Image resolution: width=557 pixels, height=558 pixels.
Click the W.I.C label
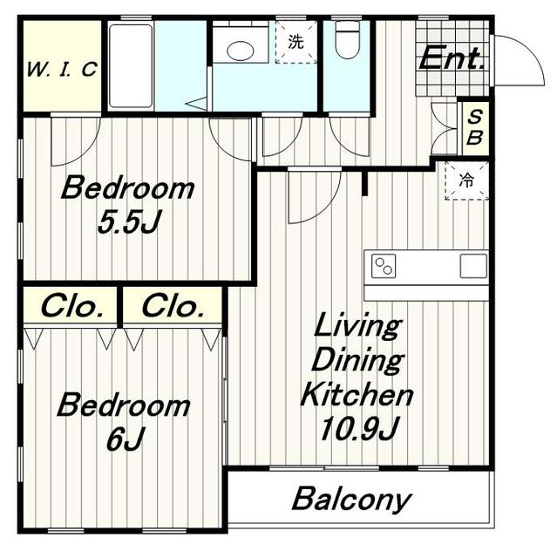[62, 70]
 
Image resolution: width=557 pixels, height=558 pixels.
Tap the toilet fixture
[348, 39]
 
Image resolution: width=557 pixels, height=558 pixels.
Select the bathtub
[131, 66]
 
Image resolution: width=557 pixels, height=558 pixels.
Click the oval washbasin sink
[241, 51]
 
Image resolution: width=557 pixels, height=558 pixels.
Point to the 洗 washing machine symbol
[295, 42]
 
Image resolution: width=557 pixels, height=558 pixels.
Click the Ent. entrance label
[452, 58]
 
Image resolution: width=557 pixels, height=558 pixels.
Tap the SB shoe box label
[475, 127]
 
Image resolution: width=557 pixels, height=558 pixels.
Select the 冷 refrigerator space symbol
[466, 180]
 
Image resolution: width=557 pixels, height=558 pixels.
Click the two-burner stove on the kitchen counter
[384, 266]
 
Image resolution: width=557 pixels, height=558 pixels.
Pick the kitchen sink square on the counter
[473, 266]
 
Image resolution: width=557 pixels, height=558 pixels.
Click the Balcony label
[351, 500]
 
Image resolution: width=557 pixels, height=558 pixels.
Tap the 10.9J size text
[359, 428]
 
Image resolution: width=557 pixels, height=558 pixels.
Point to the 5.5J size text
[130, 221]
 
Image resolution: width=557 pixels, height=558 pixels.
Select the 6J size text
[126, 439]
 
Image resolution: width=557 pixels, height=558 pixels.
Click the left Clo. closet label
[72, 306]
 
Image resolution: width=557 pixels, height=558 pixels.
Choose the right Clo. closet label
[173, 306]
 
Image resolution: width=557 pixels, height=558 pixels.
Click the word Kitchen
[357, 394]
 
